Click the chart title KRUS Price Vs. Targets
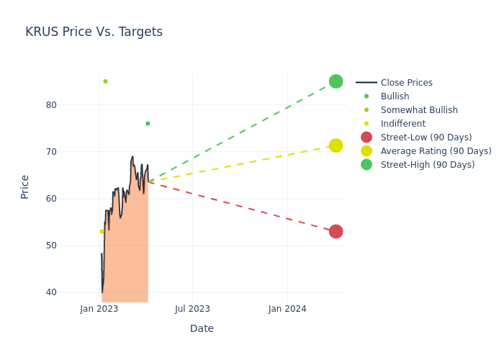click(94, 32)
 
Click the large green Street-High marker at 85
click(336, 81)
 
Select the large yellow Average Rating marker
click(336, 145)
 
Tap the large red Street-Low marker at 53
click(336, 231)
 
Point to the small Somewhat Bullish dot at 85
click(105, 81)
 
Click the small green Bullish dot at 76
click(148, 124)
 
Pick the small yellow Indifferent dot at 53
click(102, 231)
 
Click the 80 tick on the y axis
click(51, 105)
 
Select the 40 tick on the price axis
click(51, 292)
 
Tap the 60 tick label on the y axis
click(51, 199)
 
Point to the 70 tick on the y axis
click(51, 152)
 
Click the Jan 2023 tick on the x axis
click(99, 309)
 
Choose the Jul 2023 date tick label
click(193, 309)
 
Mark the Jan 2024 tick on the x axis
click(287, 309)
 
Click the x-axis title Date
click(202, 328)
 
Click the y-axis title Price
click(25, 186)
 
